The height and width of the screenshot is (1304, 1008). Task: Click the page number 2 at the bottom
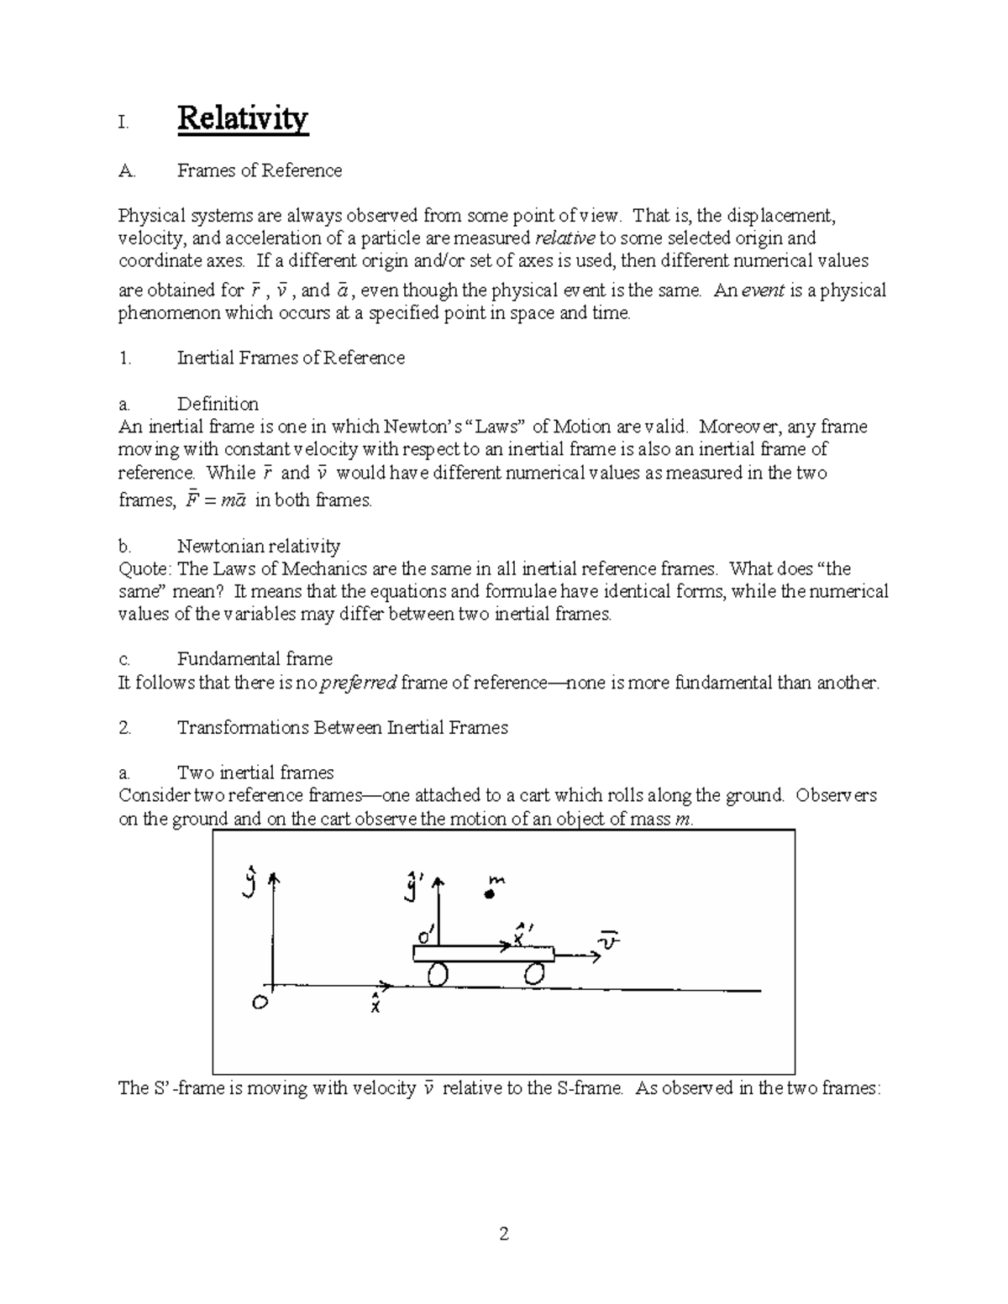coord(504,1234)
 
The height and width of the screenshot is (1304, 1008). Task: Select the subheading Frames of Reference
coord(259,170)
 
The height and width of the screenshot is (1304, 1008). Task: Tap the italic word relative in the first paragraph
coord(564,238)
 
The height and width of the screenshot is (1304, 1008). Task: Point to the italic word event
coord(761,291)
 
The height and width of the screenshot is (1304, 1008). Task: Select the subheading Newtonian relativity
coord(258,547)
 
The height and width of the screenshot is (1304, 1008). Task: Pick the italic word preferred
coord(358,683)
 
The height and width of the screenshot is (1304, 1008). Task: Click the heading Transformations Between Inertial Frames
coord(342,728)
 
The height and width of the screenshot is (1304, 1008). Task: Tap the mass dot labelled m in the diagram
coord(488,895)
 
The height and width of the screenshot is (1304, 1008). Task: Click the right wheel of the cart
coord(535,974)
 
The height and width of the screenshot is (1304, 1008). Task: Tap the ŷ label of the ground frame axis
coord(249,884)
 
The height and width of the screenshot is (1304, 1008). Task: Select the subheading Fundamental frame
coord(255,659)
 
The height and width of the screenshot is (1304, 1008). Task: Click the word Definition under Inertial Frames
coord(218,404)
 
